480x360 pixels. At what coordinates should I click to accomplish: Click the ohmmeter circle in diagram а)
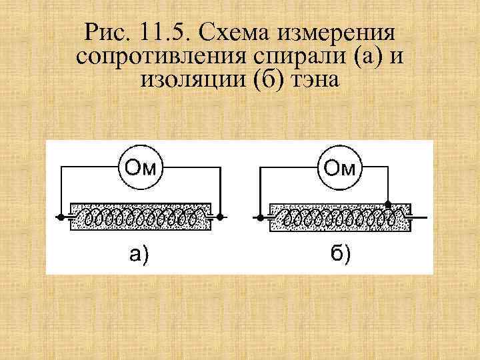pyautogui.click(x=141, y=167)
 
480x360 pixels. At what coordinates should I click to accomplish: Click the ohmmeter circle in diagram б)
pyautogui.click(x=340, y=167)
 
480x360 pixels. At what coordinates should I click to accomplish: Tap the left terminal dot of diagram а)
pyautogui.click(x=60, y=217)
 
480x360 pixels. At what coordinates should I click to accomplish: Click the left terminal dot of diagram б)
pyautogui.click(x=259, y=217)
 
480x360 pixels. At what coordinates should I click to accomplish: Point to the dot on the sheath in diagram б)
pyautogui.click(x=387, y=203)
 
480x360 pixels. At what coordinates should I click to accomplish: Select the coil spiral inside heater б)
pyautogui.click(x=340, y=217)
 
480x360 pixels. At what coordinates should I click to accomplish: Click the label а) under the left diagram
pyautogui.click(x=139, y=254)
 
